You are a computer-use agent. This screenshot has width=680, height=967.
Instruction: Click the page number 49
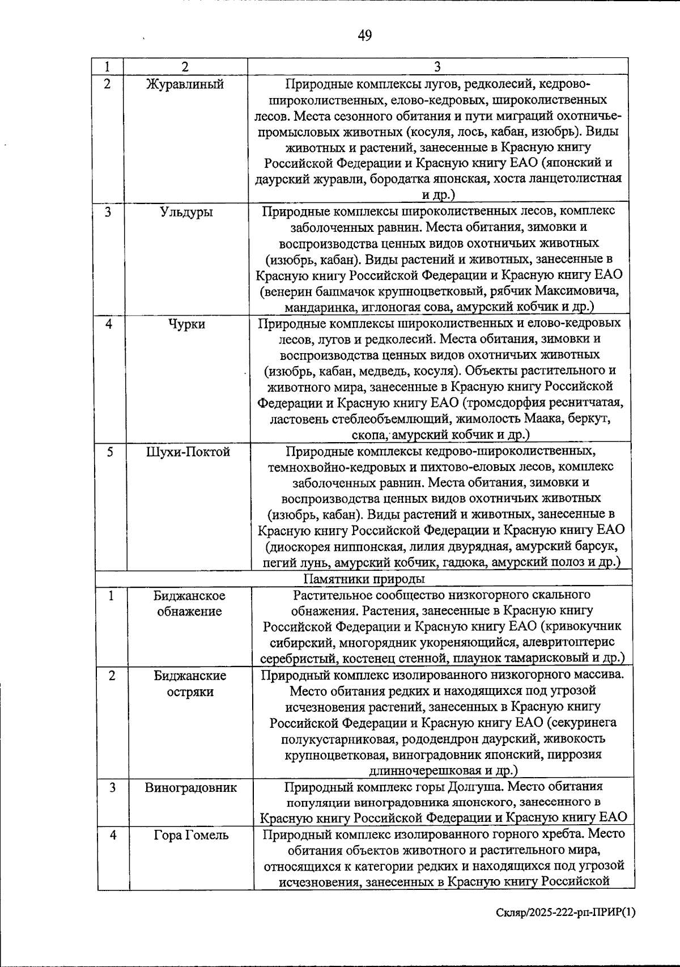(365, 36)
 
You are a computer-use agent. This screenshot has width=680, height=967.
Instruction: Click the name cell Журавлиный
(185, 84)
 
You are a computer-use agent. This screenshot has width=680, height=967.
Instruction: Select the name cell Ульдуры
(186, 213)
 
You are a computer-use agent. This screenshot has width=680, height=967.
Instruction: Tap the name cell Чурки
(186, 324)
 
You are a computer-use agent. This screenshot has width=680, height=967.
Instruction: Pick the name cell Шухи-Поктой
(188, 452)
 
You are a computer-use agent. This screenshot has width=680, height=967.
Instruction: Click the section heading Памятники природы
(364, 579)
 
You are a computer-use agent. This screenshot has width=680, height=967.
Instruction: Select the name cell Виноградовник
(190, 787)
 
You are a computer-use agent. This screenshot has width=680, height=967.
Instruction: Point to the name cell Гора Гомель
(191, 835)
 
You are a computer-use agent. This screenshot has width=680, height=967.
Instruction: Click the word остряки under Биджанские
(190, 692)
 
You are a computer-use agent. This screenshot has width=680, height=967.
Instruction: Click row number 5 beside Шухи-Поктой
(110, 452)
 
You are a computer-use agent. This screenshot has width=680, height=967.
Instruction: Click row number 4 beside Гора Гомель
(113, 835)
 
